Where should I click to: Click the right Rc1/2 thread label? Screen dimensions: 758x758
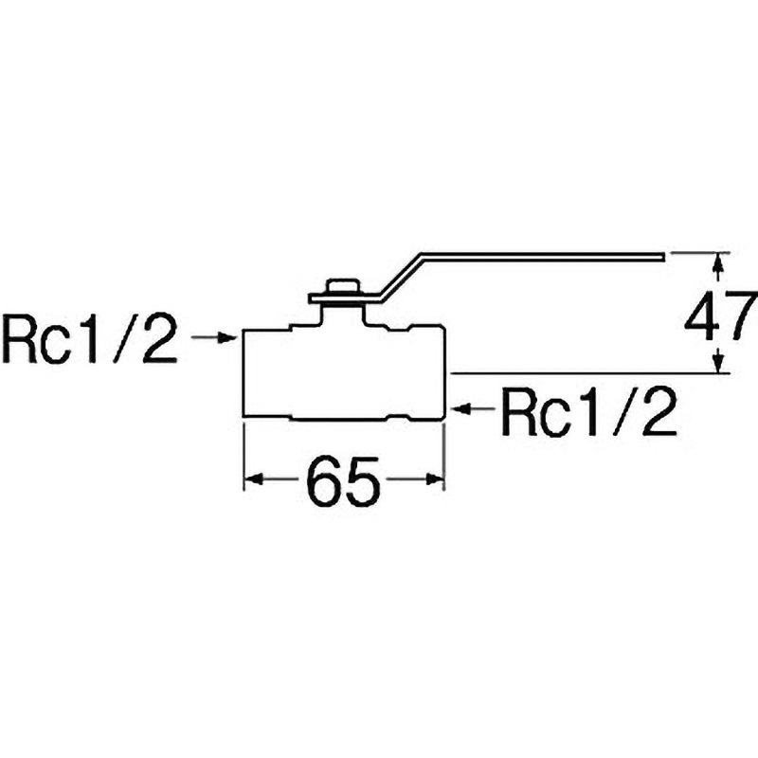(588, 410)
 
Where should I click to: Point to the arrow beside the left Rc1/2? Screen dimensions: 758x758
(214, 337)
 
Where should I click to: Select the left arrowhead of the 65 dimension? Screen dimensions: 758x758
(252, 479)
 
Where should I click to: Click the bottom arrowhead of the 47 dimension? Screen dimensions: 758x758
(720, 365)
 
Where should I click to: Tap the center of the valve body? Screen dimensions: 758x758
(344, 372)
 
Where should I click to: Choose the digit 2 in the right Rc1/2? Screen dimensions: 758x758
(660, 410)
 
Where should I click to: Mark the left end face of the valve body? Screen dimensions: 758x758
(245, 372)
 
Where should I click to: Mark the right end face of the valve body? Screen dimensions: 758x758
(443, 372)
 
